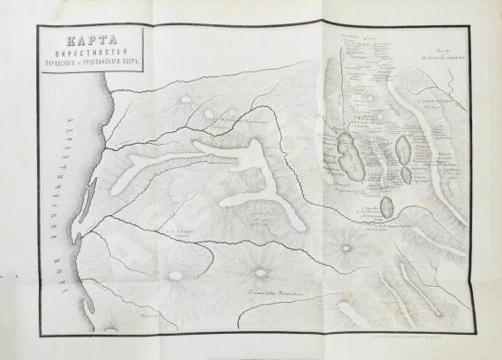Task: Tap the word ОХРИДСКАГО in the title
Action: point(57,64)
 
